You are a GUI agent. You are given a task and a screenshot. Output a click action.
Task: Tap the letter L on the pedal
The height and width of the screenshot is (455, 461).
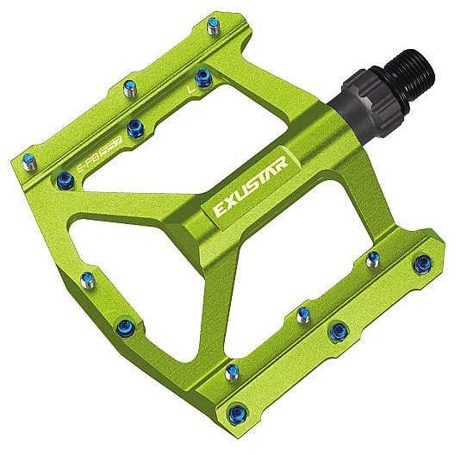[190, 87]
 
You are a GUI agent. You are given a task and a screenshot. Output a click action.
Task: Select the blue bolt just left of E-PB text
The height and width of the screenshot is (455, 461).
[65, 179]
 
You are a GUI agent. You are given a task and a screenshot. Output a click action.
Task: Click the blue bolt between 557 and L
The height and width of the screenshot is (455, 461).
[134, 128]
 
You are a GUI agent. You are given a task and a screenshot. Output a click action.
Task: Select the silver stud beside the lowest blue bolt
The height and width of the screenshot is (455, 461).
[230, 371]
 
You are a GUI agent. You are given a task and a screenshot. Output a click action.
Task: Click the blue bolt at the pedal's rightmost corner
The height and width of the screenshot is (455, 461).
[421, 265]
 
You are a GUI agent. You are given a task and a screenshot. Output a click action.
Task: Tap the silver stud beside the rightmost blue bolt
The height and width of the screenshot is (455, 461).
[373, 258]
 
